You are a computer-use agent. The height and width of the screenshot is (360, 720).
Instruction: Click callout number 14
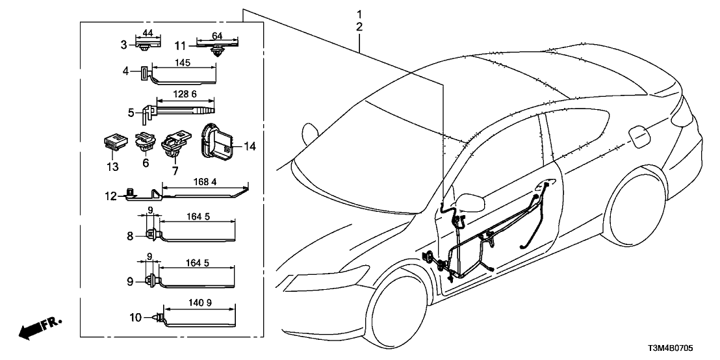pos(250,148)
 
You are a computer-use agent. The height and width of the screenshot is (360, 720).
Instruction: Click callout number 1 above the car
pos(359,14)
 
